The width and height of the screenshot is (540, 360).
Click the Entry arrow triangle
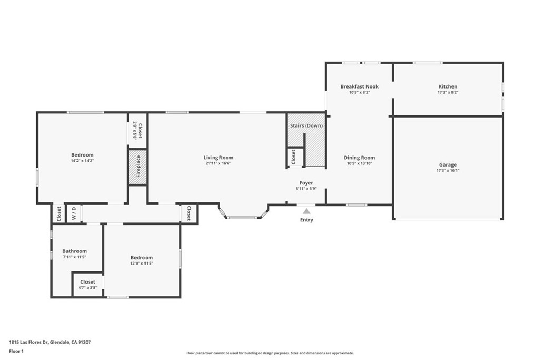(306, 211)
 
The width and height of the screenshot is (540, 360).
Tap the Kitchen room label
(448, 86)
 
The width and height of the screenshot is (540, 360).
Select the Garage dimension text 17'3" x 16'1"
(448, 170)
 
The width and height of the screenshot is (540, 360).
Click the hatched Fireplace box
(138, 167)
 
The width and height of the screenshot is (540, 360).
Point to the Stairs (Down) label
(306, 125)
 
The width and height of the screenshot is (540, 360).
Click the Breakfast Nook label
(359, 86)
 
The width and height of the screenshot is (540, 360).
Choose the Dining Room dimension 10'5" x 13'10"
(359, 163)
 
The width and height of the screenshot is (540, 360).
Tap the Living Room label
(218, 158)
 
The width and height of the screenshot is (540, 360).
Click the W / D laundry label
(74, 213)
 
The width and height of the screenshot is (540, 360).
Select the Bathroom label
(74, 251)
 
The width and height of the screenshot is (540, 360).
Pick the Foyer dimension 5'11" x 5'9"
(306, 189)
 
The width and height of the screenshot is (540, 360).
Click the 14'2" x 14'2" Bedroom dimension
(82, 161)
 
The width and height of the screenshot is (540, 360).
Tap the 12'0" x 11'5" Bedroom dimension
(141, 264)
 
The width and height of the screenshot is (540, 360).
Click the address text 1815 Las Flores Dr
(29, 342)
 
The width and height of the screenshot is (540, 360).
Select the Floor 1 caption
(16, 352)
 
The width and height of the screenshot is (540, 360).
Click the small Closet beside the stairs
(293, 157)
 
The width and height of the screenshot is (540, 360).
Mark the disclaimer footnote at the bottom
(270, 353)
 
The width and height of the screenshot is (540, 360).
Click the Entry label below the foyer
(306, 220)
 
